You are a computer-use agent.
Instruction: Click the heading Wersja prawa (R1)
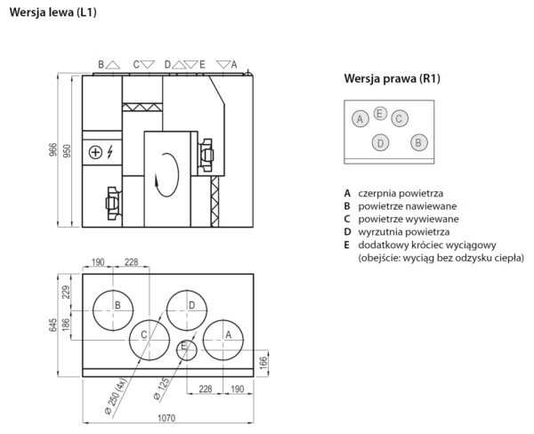click(x=392, y=78)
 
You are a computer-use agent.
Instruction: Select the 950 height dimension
click(x=67, y=151)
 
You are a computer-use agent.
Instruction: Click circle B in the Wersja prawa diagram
click(x=417, y=142)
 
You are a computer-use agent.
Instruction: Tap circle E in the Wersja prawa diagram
click(x=380, y=113)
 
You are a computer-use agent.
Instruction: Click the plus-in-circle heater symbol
click(x=96, y=152)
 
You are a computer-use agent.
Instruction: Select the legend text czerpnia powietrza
click(x=400, y=192)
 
